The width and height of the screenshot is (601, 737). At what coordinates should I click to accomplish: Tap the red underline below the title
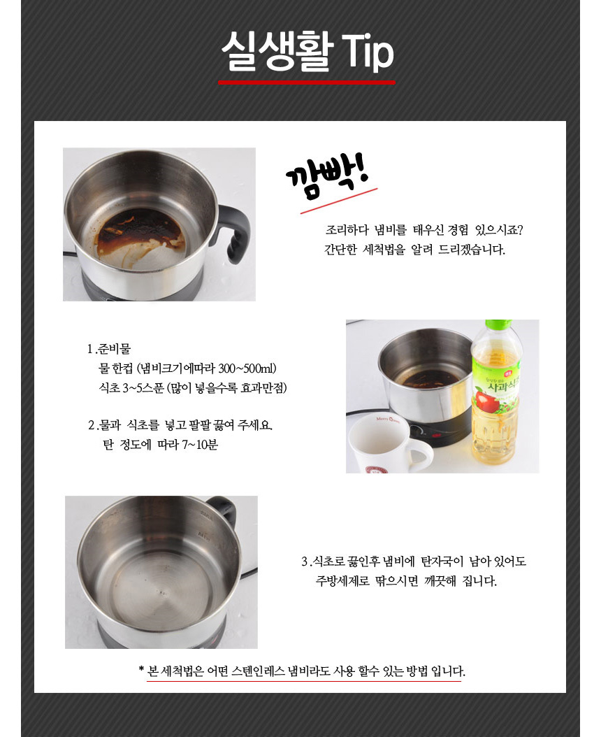pyautogui.click(x=306, y=83)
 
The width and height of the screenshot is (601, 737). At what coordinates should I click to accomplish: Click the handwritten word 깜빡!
pyautogui.click(x=328, y=177)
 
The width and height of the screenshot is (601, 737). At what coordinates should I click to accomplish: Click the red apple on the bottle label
pyautogui.click(x=485, y=401)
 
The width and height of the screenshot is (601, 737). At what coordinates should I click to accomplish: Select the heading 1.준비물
pyautogui.click(x=108, y=349)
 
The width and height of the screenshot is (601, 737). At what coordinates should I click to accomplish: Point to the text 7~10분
pyautogui.click(x=200, y=445)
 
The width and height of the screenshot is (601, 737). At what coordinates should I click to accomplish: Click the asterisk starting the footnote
pyautogui.click(x=141, y=669)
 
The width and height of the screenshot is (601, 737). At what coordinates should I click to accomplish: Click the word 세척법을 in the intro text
pyautogui.click(x=384, y=250)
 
